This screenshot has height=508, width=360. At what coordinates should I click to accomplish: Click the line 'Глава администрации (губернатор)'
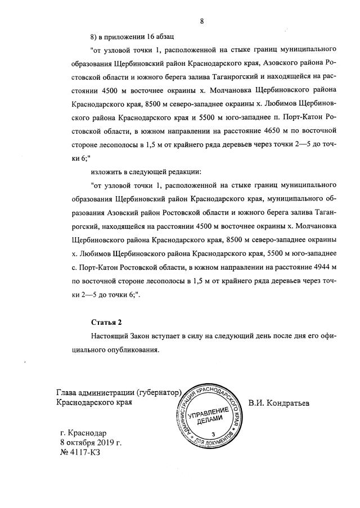click(x=120, y=393)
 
